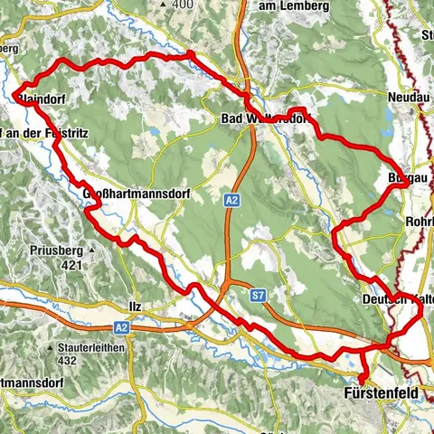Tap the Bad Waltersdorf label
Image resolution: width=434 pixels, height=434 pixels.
[265, 118]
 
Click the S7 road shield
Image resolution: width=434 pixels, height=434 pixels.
[259, 295]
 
